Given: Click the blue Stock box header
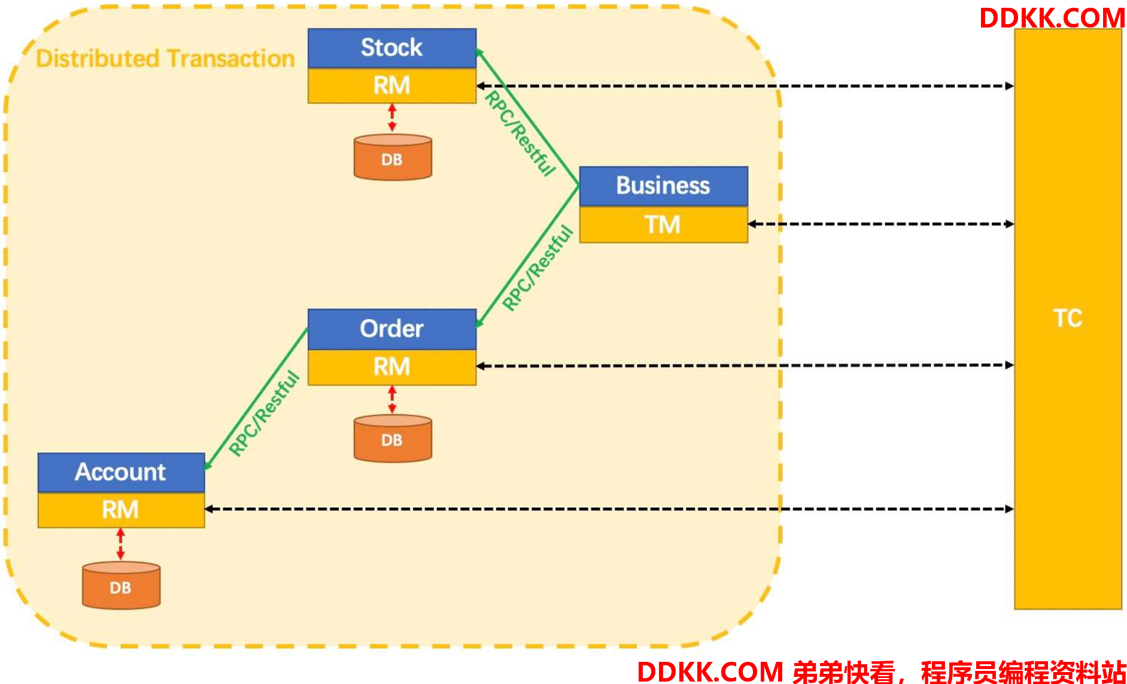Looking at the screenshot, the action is tap(392, 48).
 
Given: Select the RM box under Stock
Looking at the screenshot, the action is tap(392, 86).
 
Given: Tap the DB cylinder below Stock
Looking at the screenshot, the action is tap(393, 157).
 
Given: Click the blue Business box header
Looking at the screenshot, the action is tap(664, 186).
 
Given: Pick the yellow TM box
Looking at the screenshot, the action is tap(664, 224).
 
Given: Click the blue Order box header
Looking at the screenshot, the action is tap(392, 329).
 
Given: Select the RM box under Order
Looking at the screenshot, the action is tap(392, 367).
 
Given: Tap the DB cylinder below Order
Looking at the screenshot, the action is tap(393, 438).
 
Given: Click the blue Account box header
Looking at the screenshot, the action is tap(121, 473).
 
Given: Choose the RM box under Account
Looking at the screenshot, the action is tap(121, 510).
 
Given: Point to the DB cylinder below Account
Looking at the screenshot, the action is tap(121, 585).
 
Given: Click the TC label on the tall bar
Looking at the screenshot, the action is tap(1068, 318).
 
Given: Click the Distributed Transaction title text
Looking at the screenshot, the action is tap(165, 59).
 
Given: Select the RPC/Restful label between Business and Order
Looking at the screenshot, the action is tap(537, 268).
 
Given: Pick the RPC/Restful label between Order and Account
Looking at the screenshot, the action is tap(264, 414).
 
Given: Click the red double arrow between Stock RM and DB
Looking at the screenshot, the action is tap(392, 118).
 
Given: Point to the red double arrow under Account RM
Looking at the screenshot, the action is tap(121, 544).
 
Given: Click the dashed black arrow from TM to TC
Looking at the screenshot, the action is tap(881, 224).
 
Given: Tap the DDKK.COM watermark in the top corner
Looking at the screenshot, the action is tap(1052, 18).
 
